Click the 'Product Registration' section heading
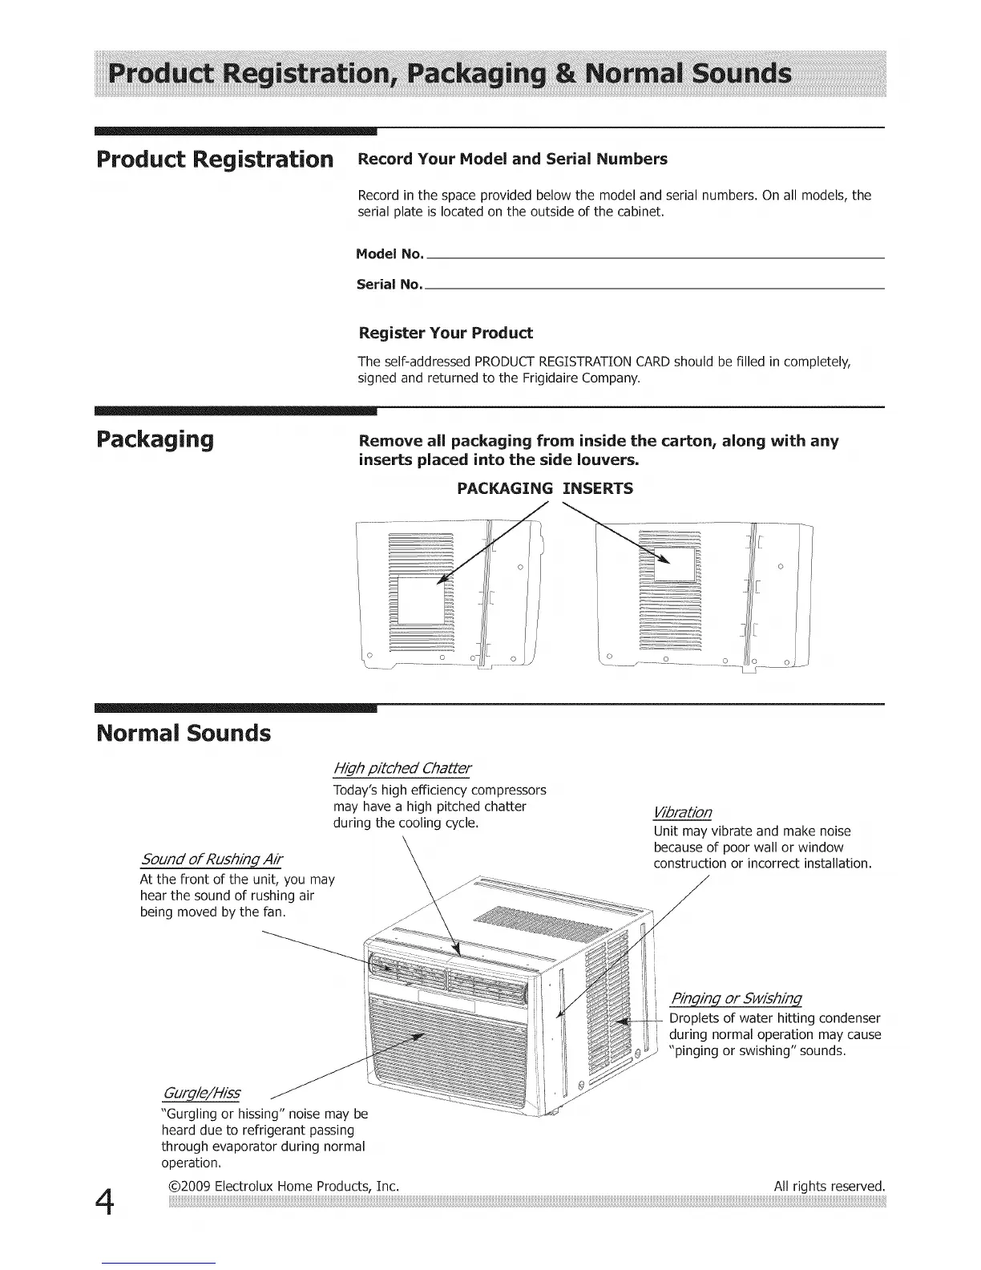(x=214, y=159)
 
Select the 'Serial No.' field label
(x=389, y=284)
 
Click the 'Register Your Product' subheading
(x=445, y=333)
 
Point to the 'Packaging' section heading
(x=155, y=439)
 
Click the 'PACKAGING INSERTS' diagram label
(x=544, y=488)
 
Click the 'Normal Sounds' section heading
(x=184, y=733)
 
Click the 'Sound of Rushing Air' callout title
(x=211, y=860)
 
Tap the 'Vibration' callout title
(x=682, y=812)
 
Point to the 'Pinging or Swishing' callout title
(x=735, y=998)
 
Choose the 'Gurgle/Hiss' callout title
(x=200, y=1094)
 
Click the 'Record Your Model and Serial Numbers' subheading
(x=512, y=159)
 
